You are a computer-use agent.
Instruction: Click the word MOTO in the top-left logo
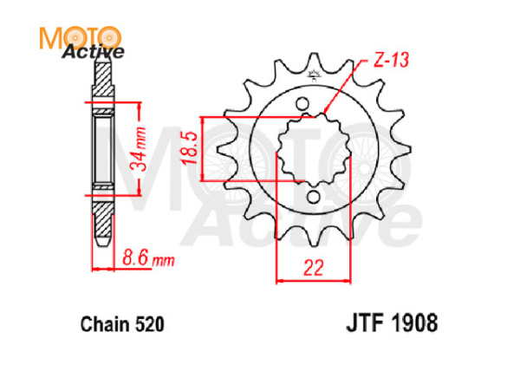pos(78,36)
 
